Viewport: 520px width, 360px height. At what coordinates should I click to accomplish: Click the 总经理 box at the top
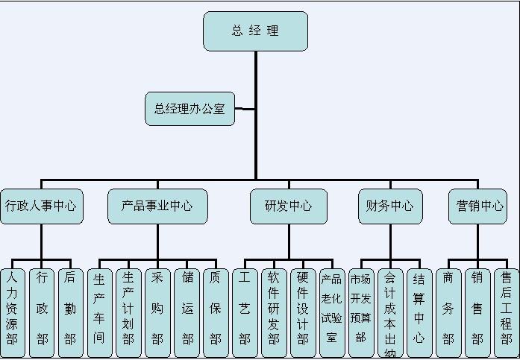(x=255, y=31)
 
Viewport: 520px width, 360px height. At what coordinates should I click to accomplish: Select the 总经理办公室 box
(x=189, y=109)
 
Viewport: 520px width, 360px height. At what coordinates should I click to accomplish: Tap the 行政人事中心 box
(x=41, y=206)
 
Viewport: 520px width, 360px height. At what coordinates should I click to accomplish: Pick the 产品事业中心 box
(x=157, y=206)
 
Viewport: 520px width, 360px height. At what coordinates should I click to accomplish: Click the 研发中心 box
(x=289, y=206)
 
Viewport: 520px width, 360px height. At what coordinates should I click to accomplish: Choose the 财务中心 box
(x=390, y=206)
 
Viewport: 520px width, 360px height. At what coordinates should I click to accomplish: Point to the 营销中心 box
(x=477, y=206)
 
